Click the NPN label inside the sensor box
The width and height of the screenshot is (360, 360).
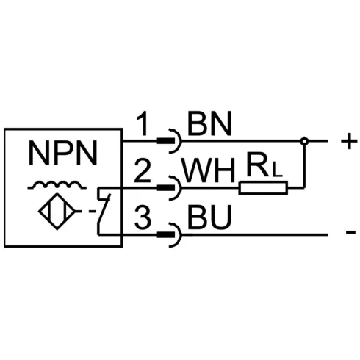click(63, 154)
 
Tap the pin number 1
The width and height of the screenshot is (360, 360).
click(143, 124)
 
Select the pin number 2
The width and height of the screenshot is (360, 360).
click(143, 170)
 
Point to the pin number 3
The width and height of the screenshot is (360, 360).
click(143, 217)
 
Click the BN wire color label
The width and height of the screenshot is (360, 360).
click(209, 123)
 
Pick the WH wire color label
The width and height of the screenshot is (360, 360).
click(209, 170)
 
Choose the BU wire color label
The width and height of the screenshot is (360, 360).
click(209, 217)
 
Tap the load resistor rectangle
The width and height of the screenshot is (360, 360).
click(263, 188)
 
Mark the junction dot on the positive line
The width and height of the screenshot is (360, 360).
click(304, 141)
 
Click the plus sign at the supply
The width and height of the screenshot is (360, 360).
click(349, 141)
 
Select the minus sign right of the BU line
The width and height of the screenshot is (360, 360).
click(350, 231)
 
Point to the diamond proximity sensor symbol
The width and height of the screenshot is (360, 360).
click(57, 212)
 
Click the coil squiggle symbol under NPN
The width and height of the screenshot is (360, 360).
click(57, 185)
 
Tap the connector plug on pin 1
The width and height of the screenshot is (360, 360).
click(170, 141)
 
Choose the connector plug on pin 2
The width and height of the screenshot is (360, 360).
click(170, 188)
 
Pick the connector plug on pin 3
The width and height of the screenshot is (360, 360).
click(170, 235)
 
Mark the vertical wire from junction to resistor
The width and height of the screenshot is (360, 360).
click(304, 166)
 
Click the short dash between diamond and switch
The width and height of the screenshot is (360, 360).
click(92, 211)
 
